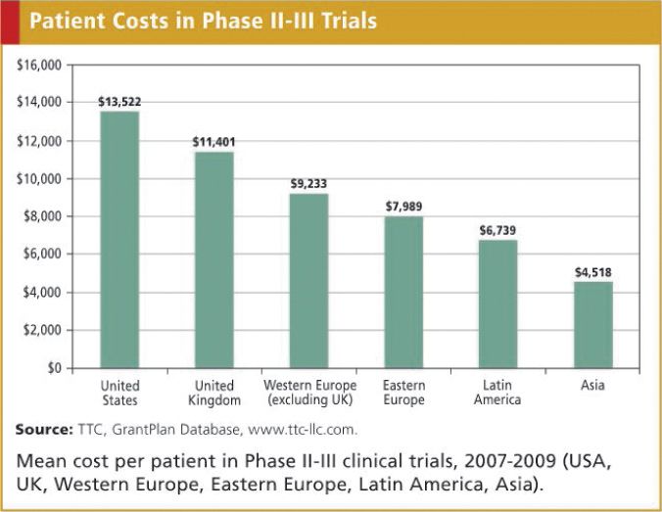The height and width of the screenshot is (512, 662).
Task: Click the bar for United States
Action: pos(119,240)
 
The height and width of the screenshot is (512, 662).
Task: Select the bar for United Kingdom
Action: pos(213,260)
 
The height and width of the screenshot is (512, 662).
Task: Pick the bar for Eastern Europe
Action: pos(403,293)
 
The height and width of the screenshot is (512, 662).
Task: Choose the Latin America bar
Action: pos(497,304)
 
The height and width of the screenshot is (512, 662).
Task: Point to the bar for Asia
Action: pos(592,325)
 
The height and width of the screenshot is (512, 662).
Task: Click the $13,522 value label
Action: pos(119,102)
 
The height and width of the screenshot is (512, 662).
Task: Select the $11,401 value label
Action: pos(213,142)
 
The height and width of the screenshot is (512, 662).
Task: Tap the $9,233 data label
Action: pos(308,183)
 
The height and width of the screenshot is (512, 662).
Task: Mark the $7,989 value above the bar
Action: pos(403,207)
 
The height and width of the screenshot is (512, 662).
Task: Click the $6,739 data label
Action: pos(497,230)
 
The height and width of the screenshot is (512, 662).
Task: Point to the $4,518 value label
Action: pos(592,272)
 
